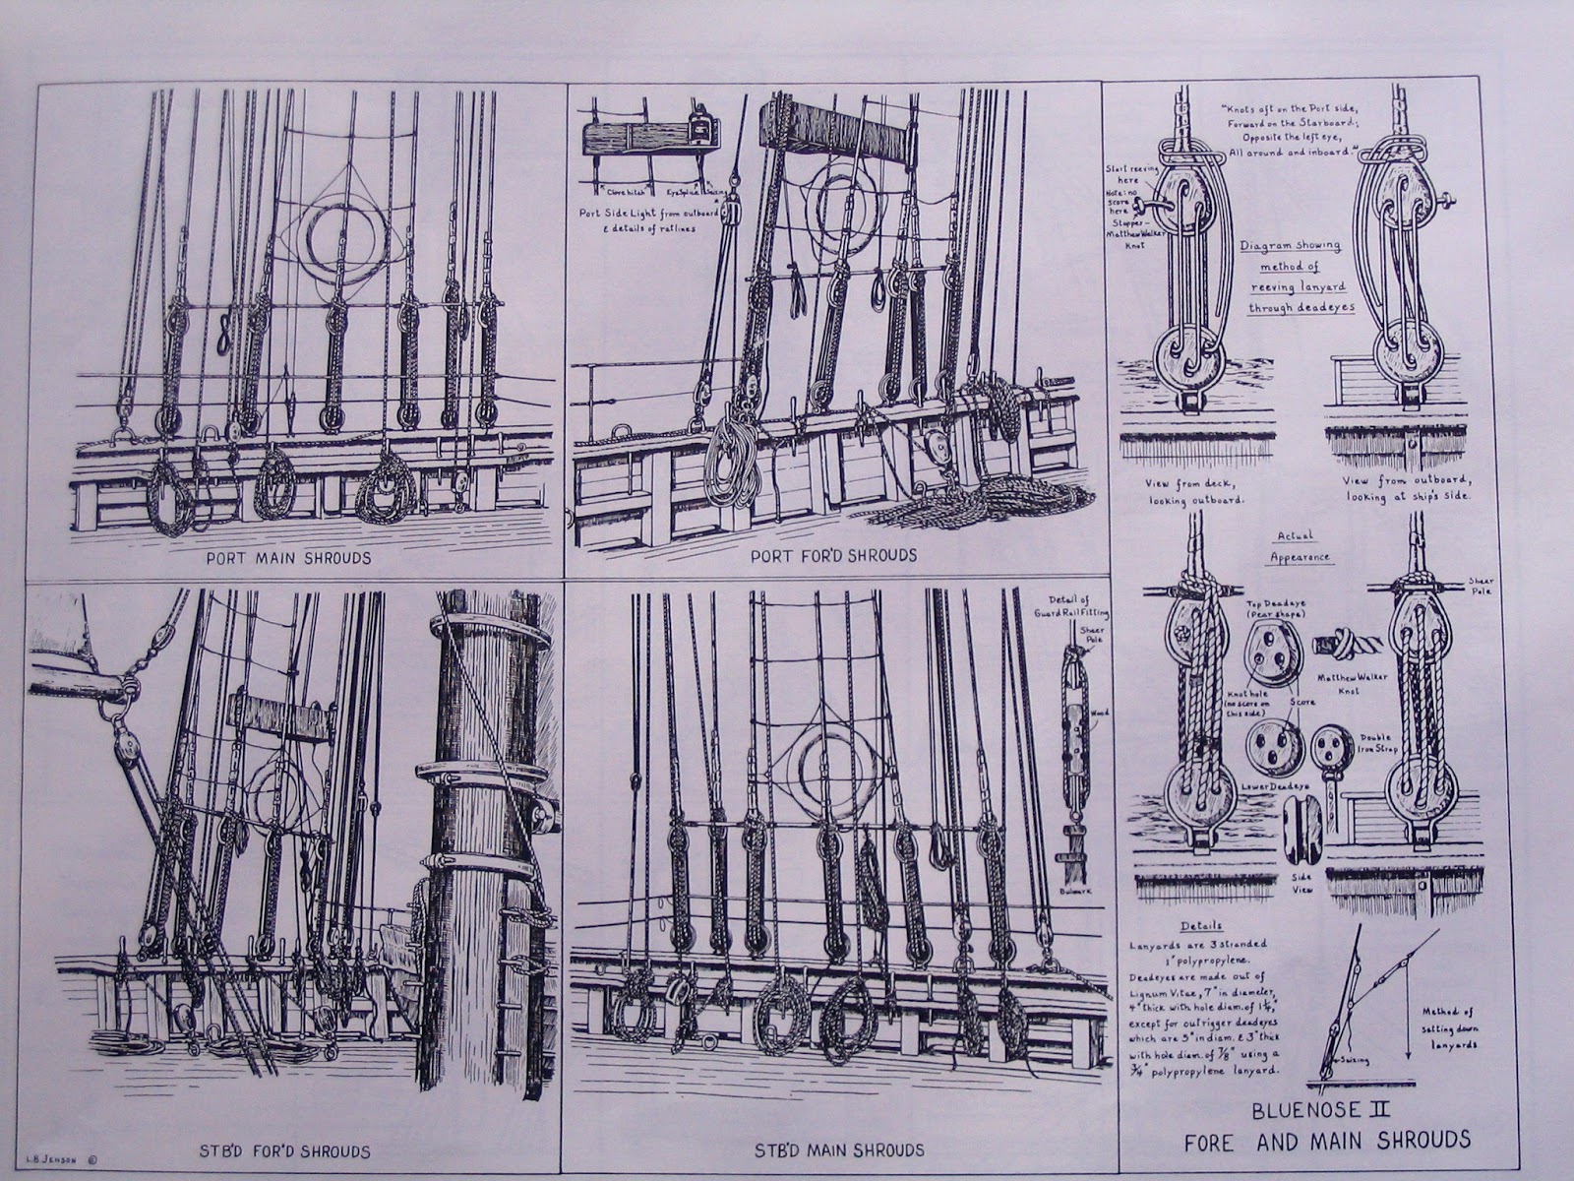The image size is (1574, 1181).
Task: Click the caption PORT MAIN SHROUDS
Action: pyautogui.click(x=288, y=557)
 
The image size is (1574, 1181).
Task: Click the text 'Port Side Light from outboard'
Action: pyautogui.click(x=649, y=214)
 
